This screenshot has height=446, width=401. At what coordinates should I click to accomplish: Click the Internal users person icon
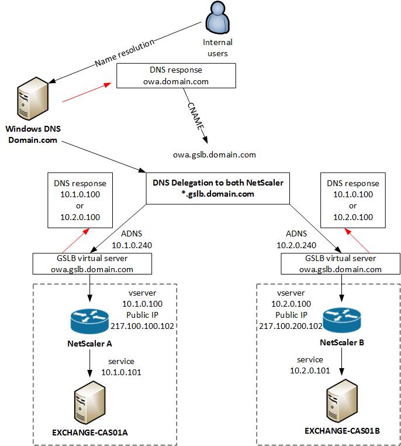(x=217, y=19)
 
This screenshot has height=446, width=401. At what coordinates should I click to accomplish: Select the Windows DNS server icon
(x=33, y=98)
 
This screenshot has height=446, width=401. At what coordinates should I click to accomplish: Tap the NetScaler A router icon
(x=89, y=321)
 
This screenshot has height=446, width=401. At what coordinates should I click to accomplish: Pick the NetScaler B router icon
(x=341, y=320)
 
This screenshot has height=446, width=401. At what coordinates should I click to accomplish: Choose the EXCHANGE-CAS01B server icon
(x=341, y=401)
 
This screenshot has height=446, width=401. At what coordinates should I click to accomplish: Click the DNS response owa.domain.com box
(x=176, y=76)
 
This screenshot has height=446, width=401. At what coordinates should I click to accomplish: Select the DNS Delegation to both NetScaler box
(x=218, y=188)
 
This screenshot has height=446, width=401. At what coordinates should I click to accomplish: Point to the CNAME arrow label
(x=196, y=116)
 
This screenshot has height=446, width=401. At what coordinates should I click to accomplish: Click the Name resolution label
(x=125, y=53)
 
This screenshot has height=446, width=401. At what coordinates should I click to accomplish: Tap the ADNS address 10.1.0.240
(x=132, y=245)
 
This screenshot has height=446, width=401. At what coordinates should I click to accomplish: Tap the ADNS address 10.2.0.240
(x=296, y=245)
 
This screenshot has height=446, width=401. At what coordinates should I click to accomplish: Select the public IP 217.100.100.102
(x=142, y=326)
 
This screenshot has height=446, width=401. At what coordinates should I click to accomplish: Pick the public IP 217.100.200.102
(x=291, y=326)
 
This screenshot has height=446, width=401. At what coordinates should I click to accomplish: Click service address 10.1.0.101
(x=121, y=372)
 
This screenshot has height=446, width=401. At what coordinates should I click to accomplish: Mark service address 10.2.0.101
(x=310, y=370)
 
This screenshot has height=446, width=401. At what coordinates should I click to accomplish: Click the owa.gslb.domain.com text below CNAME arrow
(x=215, y=155)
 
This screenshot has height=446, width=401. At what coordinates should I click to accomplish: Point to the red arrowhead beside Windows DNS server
(x=108, y=84)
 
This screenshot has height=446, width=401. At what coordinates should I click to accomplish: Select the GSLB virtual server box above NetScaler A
(x=92, y=263)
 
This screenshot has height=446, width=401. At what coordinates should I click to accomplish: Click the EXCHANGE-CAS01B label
(x=342, y=431)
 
